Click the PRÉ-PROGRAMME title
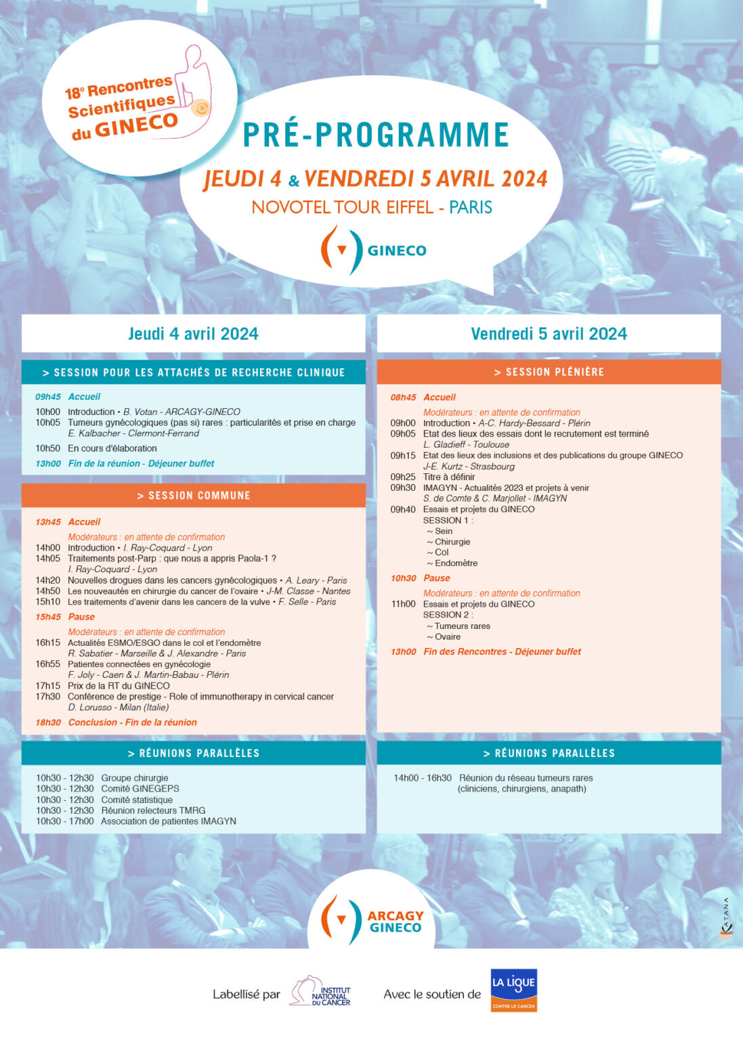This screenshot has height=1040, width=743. point(376,134)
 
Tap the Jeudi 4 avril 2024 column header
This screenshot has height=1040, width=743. point(193,334)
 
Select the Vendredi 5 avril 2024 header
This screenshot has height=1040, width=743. point(549,334)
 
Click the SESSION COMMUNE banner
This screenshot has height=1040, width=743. point(194,496)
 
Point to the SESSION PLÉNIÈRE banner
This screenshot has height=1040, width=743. point(549,372)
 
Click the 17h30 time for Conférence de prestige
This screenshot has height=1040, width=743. point(47,697)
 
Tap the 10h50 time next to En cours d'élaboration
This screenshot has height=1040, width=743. point(47,448)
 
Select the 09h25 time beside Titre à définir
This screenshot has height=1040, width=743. point(402,477)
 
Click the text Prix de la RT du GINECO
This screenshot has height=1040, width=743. point(119,686)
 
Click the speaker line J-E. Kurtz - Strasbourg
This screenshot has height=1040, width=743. point(469,467)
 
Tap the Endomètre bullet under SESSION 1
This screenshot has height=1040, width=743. point(455,563)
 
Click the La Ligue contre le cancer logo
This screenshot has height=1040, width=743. point(513,990)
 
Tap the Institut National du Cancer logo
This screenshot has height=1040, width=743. point(320,992)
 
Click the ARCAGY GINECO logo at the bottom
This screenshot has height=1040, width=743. point(371,920)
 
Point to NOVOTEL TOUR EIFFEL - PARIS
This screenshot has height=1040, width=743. point(372,207)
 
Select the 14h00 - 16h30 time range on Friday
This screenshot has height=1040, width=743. point(422,778)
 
